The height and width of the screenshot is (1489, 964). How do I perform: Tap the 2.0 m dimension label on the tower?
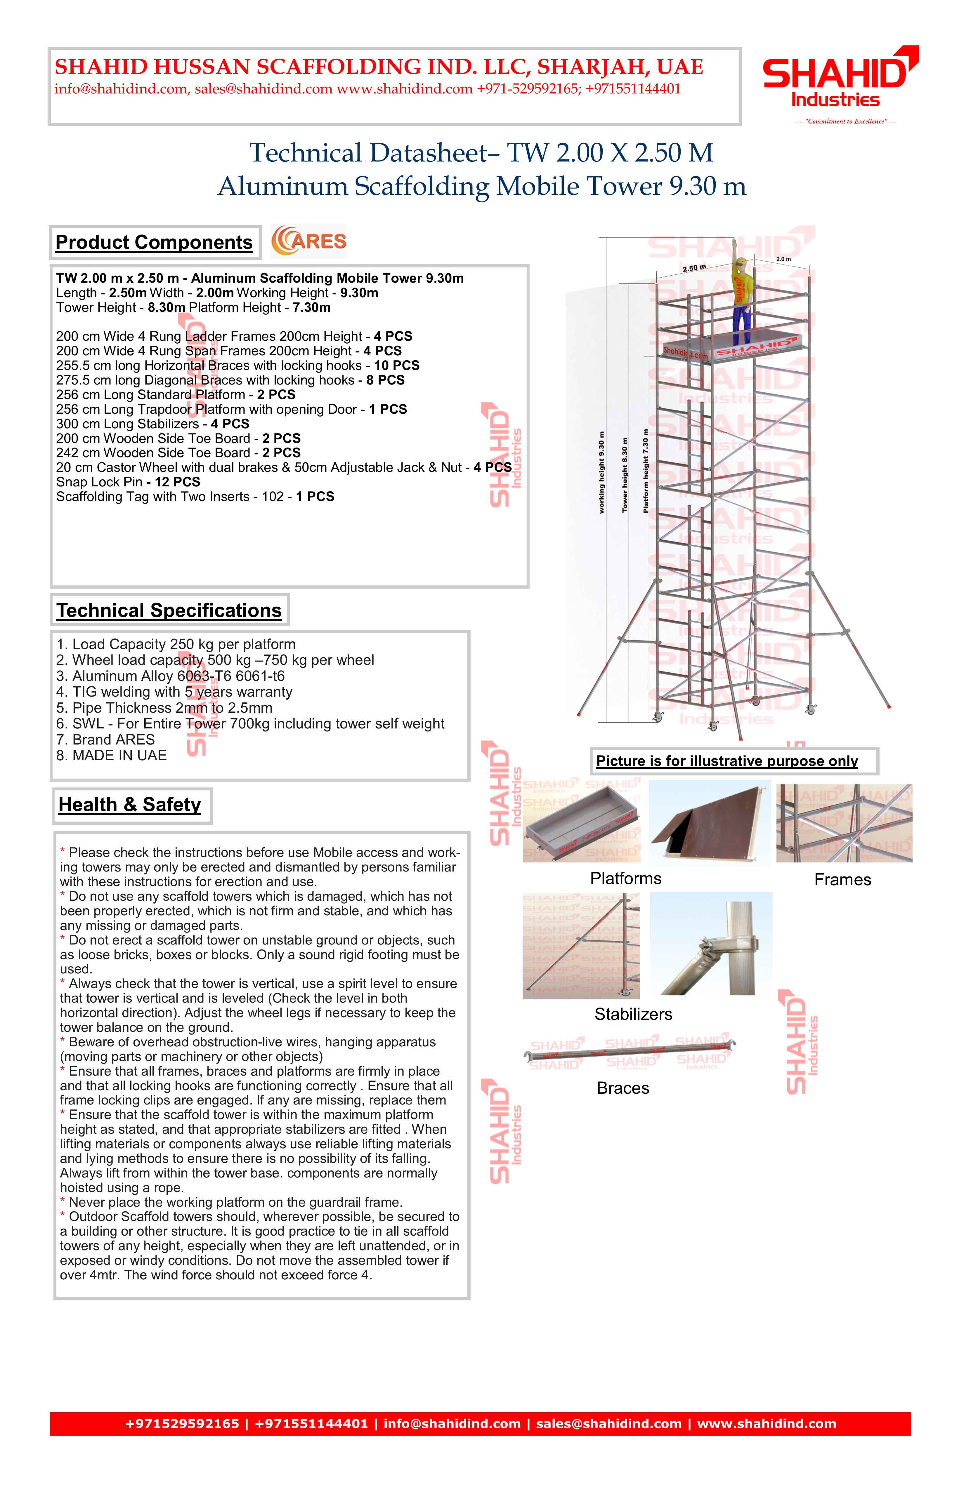(783, 259)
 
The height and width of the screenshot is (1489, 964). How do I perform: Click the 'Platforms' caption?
(625, 879)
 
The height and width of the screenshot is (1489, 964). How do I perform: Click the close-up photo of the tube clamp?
(711, 943)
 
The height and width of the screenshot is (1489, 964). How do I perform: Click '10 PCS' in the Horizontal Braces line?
(397, 365)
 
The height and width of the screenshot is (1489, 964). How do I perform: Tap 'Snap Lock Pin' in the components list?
(99, 482)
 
